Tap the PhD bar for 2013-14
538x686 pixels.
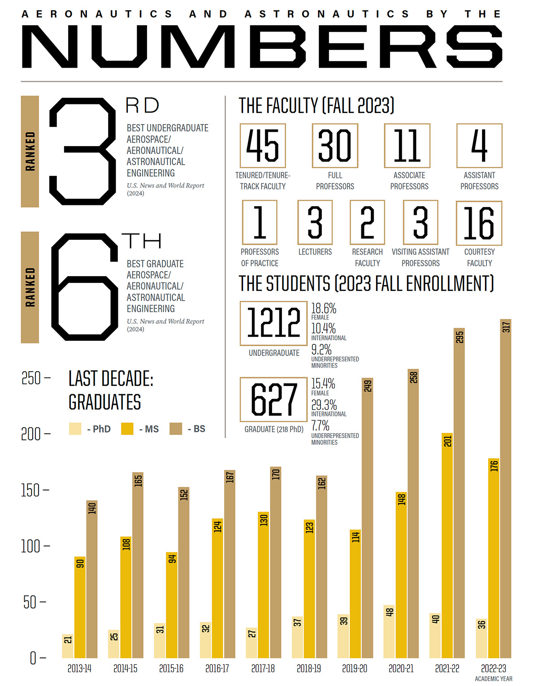[68, 646]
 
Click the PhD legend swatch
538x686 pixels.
[75, 429]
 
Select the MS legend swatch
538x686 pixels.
[127, 429]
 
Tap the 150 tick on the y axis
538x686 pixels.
[34, 490]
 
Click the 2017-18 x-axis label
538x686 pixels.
[263, 669]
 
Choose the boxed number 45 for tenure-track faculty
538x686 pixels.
[263, 146]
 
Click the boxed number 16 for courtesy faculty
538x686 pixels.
[479, 223]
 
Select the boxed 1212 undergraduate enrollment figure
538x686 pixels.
[273, 323]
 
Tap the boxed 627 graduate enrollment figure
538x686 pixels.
[273, 399]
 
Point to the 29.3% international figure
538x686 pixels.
[324, 405]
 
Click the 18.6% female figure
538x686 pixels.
[324, 308]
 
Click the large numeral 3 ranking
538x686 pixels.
[83, 152]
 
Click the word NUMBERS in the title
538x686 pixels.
[262, 47]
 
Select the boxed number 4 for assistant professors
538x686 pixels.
[479, 146]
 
